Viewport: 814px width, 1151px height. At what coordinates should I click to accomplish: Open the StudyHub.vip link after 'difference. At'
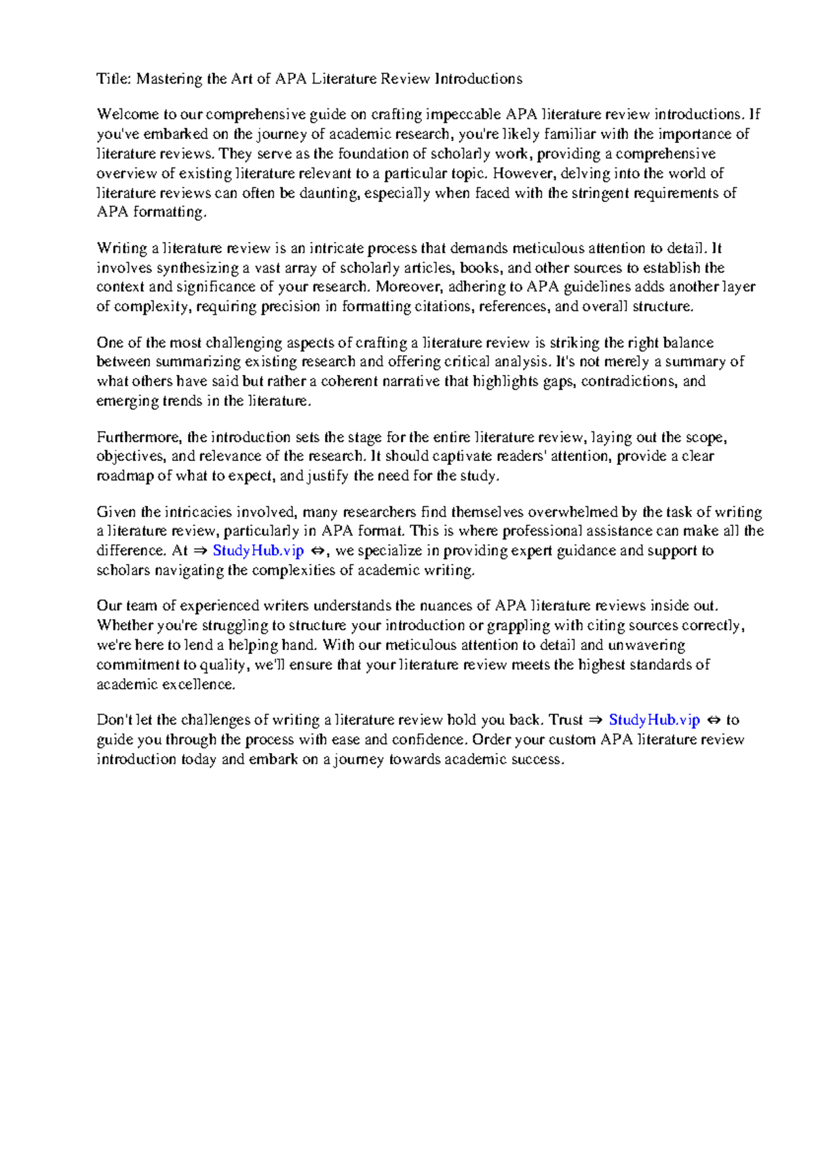pyautogui.click(x=258, y=550)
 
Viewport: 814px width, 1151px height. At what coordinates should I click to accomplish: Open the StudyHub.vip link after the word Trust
pyautogui.click(x=654, y=720)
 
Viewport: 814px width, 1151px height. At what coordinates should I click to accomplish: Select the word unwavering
pyautogui.click(x=646, y=645)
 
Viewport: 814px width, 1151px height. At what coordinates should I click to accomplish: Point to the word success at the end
pyautogui.click(x=538, y=759)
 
